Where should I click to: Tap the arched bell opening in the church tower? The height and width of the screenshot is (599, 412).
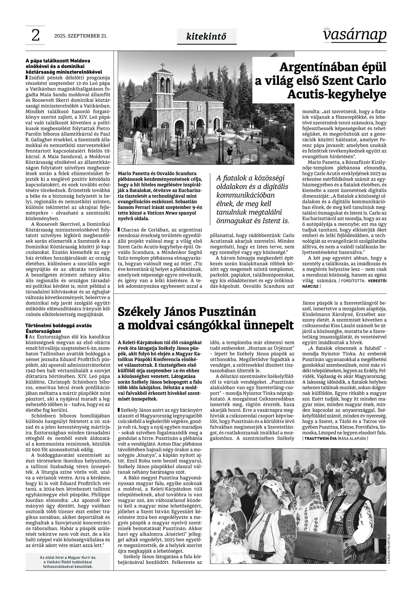point(163,84)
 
